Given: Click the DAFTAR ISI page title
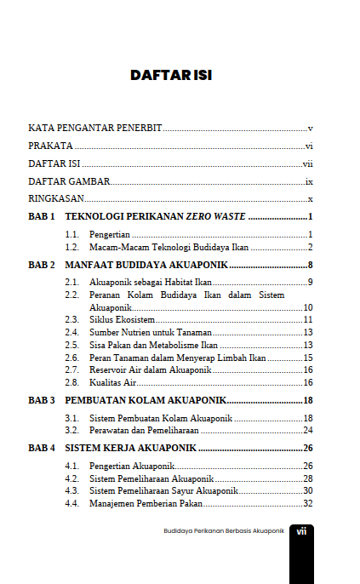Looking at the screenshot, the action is (171, 76).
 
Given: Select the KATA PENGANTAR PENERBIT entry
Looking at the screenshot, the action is (95, 127).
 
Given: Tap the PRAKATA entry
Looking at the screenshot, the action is (50, 146).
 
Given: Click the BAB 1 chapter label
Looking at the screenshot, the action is (42, 217).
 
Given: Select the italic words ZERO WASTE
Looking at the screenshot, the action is (216, 217).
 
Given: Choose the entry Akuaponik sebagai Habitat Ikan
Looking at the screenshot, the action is (151, 282).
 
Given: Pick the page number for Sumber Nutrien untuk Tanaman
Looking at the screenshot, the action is (308, 332).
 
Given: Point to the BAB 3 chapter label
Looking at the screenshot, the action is (42, 399).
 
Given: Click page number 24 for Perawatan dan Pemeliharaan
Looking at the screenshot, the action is (308, 430).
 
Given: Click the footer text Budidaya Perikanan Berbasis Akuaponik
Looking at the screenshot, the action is (224, 531).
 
